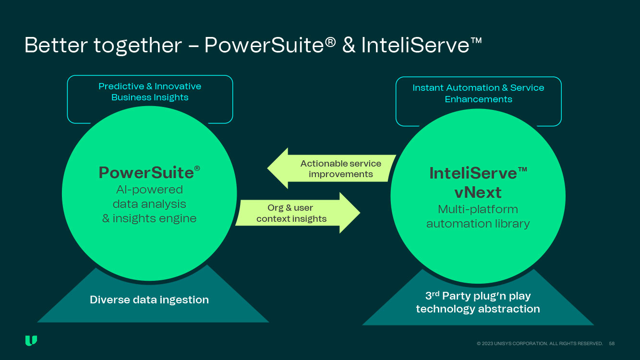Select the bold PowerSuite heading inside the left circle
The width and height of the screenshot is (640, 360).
pos(146,173)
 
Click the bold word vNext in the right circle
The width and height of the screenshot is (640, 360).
pos(478,192)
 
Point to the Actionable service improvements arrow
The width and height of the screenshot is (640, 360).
pos(331,168)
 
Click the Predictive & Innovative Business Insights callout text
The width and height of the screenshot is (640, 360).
pos(150,92)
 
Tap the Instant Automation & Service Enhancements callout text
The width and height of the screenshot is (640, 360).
pos(478,94)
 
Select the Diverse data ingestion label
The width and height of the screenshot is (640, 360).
pos(149,300)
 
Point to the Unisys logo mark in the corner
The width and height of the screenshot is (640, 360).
pos(31,341)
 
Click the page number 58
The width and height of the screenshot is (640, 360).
pos(612,344)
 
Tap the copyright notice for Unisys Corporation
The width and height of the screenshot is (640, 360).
pos(540,344)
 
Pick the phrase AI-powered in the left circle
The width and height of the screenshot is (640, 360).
pos(149,190)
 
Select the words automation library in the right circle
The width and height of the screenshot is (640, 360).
pos(478,224)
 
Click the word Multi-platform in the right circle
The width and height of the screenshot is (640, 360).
pos(478,209)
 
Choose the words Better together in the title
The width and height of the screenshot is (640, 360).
pos(103,45)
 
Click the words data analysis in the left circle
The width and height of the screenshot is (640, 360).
pos(149,204)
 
